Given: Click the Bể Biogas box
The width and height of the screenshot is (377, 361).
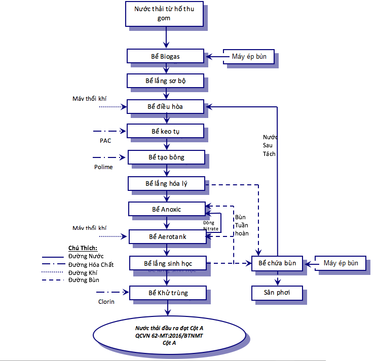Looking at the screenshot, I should [165, 56].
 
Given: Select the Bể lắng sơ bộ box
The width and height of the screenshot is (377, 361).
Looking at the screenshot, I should [165, 81].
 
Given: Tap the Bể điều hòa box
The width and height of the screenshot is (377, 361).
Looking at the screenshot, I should [165, 106].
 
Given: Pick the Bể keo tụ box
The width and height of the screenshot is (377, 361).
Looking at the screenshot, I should [165, 131].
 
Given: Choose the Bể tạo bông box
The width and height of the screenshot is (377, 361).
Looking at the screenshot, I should [166, 157].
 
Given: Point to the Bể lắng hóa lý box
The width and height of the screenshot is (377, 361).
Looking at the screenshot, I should [166, 183].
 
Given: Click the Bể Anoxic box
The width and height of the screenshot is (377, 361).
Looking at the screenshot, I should [166, 209].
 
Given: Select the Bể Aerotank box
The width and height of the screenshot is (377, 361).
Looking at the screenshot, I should [167, 236].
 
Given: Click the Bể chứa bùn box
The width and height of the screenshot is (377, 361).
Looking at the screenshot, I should [277, 263].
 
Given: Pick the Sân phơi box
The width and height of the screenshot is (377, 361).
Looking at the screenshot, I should [278, 293].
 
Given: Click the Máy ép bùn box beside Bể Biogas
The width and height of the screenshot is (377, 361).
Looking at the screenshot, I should [249, 56].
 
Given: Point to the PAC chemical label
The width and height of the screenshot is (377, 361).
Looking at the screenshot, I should [105, 140].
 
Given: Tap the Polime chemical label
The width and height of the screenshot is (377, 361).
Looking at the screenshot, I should [103, 167].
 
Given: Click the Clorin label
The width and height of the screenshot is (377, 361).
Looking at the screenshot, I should [106, 302].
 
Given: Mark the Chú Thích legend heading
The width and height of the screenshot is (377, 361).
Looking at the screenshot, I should [83, 248].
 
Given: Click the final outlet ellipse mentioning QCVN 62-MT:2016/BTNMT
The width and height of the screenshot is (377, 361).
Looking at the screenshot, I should [169, 335].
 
